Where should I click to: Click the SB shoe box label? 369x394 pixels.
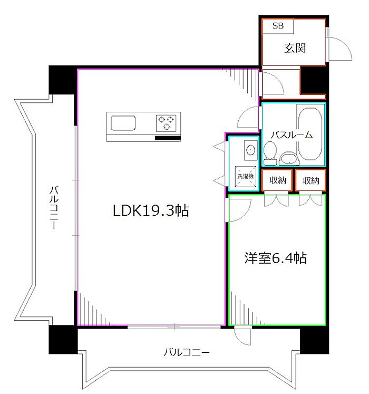(x=278, y=26)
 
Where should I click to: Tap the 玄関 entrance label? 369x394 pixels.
(x=295, y=48)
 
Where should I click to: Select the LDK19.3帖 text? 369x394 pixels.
(x=151, y=210)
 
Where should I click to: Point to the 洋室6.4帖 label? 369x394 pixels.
(x=276, y=258)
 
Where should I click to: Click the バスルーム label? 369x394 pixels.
(x=292, y=135)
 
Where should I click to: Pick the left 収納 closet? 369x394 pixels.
(x=277, y=180)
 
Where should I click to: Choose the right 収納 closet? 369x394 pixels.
(x=310, y=180)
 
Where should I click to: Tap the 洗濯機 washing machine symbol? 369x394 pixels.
(x=246, y=176)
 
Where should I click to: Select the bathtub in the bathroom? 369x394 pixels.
(x=310, y=133)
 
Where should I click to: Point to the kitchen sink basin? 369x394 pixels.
(x=123, y=123)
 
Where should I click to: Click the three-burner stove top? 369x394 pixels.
(x=166, y=123)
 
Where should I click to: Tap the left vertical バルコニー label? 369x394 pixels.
(x=54, y=207)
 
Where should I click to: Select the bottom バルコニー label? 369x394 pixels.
(x=187, y=352)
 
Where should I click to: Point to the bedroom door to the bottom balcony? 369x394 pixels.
(x=242, y=335)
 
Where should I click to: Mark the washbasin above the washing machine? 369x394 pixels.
(x=251, y=150)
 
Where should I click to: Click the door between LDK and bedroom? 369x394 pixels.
(x=239, y=210)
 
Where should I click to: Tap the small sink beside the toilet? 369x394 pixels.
(x=289, y=158)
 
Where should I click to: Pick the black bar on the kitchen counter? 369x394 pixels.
(x=168, y=138)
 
